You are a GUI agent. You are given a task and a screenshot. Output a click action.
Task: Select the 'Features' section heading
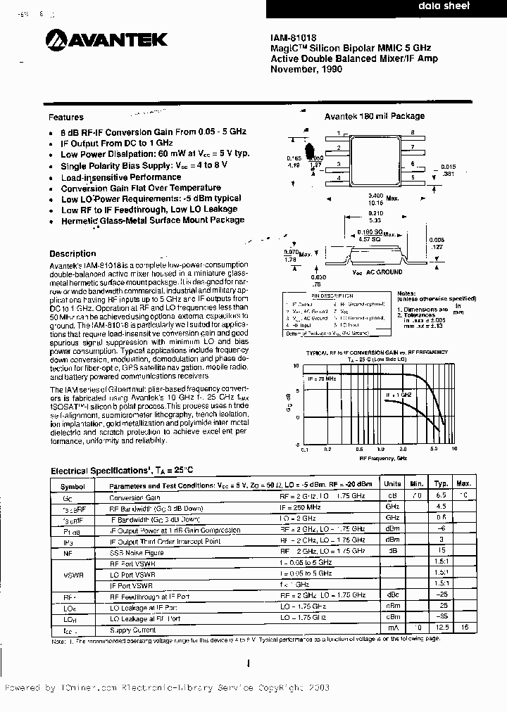[66, 117]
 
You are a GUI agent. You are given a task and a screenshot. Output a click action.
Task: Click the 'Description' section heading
[72, 254]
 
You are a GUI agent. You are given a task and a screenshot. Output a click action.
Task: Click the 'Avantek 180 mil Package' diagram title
[374, 116]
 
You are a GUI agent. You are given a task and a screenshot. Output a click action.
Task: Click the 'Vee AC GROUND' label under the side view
[377, 272]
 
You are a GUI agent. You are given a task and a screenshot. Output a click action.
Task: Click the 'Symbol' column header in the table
[72, 485]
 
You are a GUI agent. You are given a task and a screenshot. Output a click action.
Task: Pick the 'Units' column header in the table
[392, 484]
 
